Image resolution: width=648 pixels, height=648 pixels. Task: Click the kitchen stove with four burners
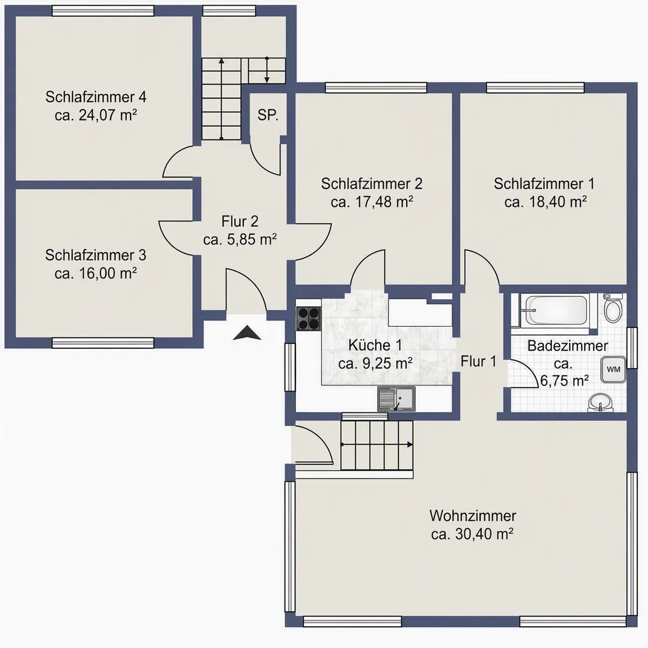pyautogui.click(x=308, y=319)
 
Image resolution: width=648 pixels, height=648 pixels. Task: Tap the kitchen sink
pyautogui.click(x=396, y=399)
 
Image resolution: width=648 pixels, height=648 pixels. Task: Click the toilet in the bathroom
pyautogui.click(x=613, y=308)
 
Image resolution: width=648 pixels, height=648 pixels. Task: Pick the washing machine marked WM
pyautogui.click(x=613, y=369)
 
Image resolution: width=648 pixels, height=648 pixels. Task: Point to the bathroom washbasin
pyautogui.click(x=600, y=402)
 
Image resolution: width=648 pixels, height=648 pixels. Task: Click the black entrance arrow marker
pyautogui.click(x=247, y=333)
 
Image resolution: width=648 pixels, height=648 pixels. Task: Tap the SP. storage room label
pyautogui.click(x=268, y=116)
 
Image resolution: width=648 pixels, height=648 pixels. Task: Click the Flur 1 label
pyautogui.click(x=478, y=361)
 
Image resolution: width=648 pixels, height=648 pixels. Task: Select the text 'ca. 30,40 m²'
pyautogui.click(x=472, y=534)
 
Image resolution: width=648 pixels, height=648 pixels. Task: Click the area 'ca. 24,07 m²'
pyautogui.click(x=96, y=115)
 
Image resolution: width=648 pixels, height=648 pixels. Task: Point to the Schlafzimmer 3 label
pyautogui.click(x=96, y=255)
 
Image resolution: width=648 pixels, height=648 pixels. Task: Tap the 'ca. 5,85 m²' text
pyautogui.click(x=240, y=239)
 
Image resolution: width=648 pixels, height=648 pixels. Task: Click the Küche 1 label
pyautogui.click(x=375, y=345)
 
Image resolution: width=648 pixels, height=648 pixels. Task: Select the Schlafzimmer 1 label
pyautogui.click(x=544, y=184)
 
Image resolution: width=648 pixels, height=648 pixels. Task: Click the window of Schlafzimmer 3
pyautogui.click(x=103, y=343)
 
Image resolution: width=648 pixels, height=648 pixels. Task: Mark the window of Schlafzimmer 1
pyautogui.click(x=535, y=87)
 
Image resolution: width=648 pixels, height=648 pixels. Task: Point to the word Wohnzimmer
pyautogui.click(x=473, y=516)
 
